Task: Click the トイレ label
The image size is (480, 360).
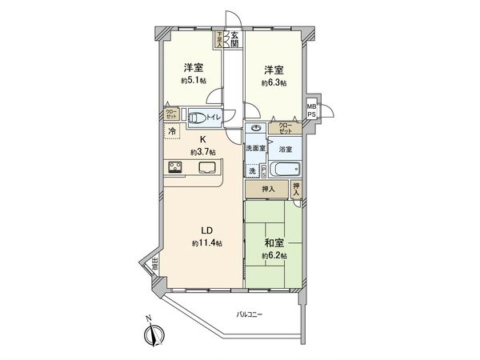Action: pos(214,118)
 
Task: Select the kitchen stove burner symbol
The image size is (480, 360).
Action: pos(175,167)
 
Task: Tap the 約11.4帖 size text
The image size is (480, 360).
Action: pos(205,242)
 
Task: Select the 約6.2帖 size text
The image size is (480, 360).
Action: pos(274,256)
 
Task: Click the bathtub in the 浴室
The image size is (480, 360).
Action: pos(284,169)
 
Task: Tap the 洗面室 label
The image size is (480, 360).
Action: pos(255,149)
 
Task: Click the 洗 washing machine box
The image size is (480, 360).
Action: pos(252,170)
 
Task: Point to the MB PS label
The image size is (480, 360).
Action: pos(311,109)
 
